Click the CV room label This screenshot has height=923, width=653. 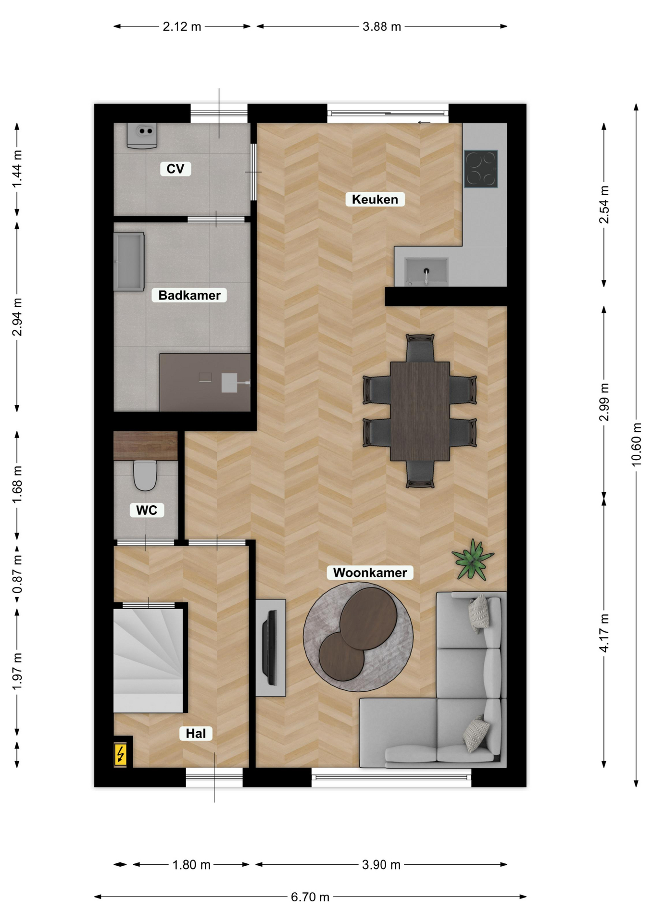176,169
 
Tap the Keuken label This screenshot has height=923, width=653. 375,200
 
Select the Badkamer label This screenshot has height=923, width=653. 189,295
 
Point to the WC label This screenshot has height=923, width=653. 147,510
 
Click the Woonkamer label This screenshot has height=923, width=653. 370,573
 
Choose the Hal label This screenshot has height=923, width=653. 196,733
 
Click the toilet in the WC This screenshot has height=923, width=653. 145,475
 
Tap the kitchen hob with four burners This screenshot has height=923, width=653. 481,169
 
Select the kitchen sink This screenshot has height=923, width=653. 427,271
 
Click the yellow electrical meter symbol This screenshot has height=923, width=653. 120,754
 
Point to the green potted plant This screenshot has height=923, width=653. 473,559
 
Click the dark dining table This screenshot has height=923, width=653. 420,412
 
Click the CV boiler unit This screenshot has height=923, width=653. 142,136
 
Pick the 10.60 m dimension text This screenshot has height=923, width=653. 636,445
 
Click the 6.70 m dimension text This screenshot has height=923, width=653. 310,897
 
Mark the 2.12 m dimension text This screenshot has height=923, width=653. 182,26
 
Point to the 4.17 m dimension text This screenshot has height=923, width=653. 604,633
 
